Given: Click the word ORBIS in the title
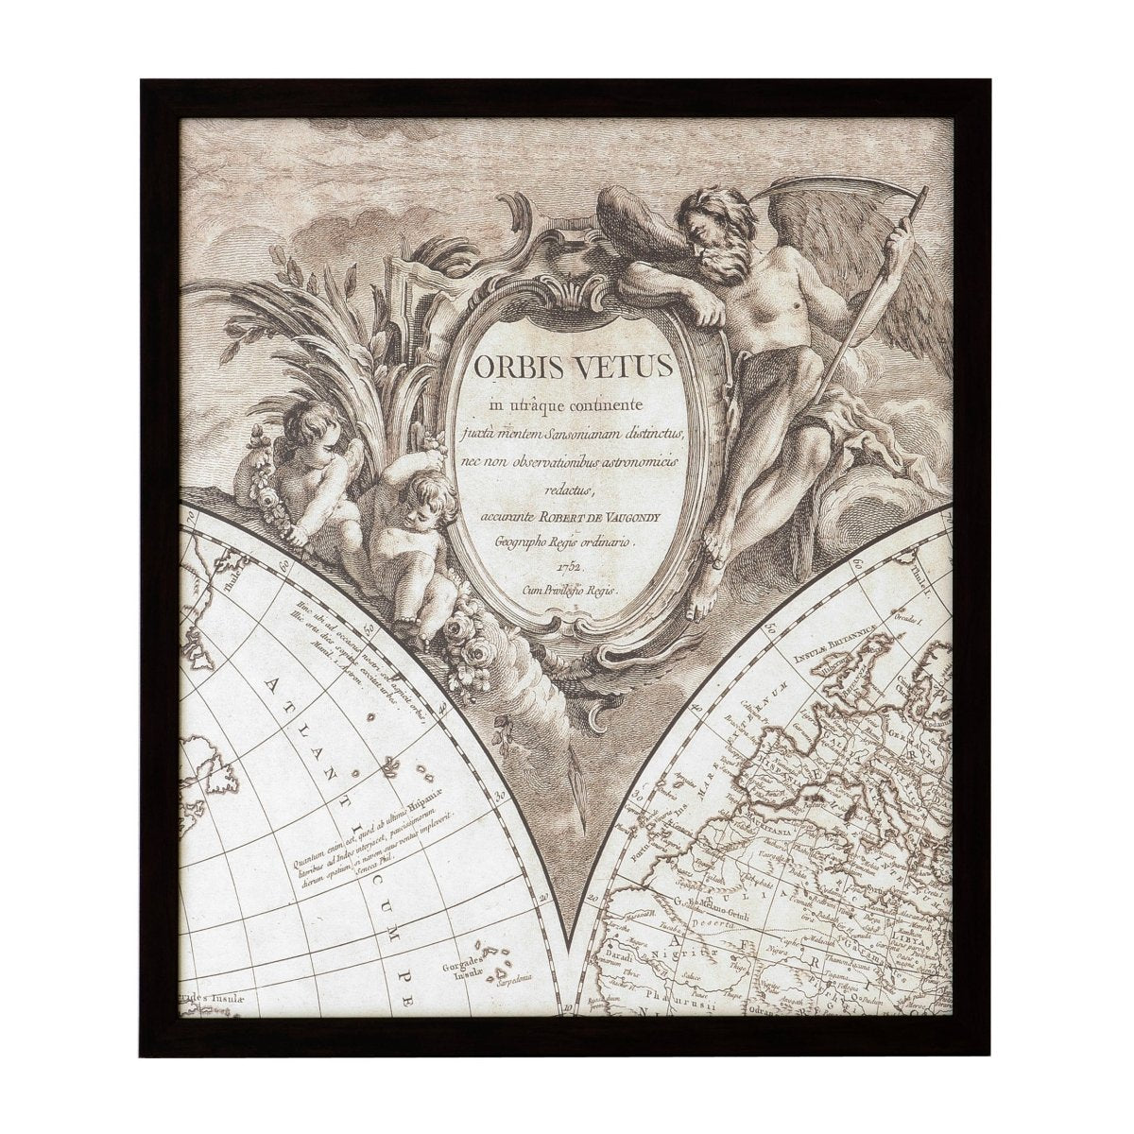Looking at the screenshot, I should (x=511, y=366).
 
